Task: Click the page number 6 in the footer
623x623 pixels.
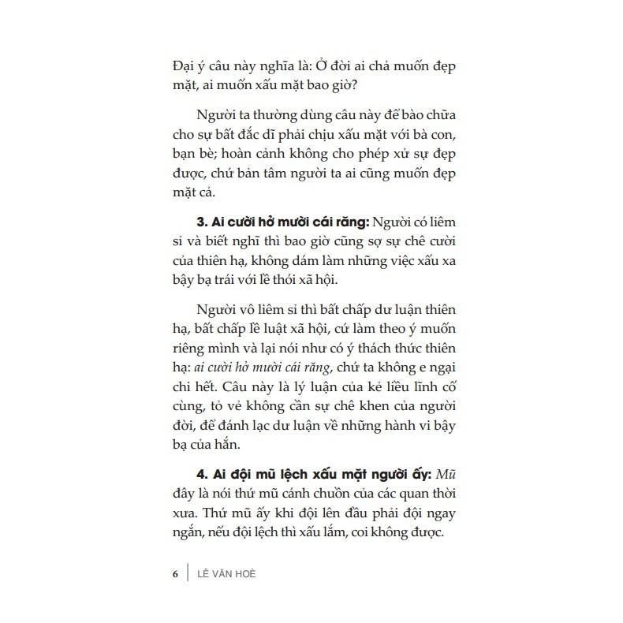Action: coord(176,573)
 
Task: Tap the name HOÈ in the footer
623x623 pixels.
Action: coord(243,573)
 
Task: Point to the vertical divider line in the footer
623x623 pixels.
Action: coord(188,573)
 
